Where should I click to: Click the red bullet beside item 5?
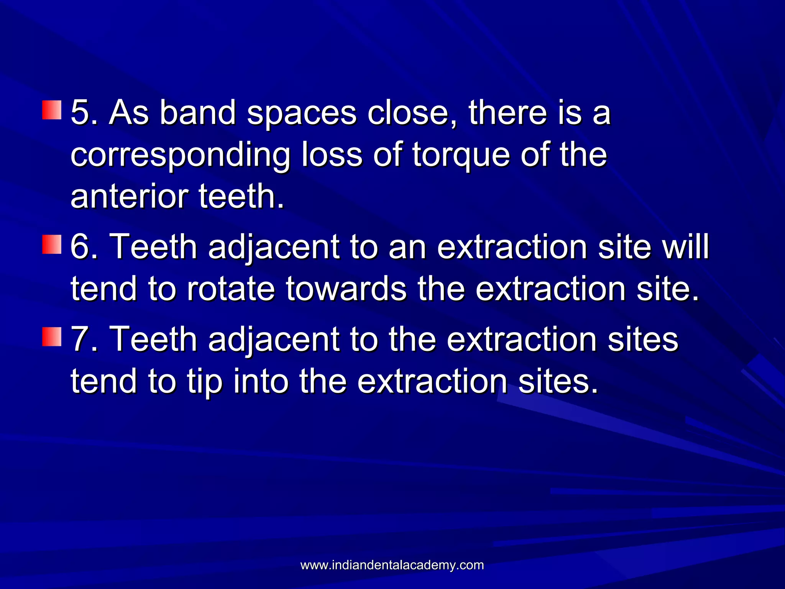[51, 110]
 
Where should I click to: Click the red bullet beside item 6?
[51, 244]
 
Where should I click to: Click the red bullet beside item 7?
[51, 337]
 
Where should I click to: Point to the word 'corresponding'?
[180, 156]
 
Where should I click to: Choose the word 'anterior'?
[129, 196]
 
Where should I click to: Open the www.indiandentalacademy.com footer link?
[392, 565]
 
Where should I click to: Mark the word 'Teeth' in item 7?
[153, 339]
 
